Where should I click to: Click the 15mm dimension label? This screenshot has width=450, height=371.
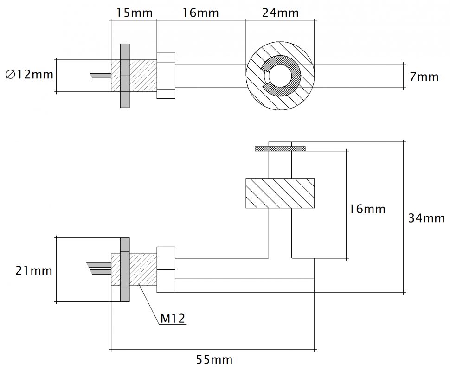click(x=135, y=13)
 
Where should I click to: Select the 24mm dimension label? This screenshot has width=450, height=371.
click(x=280, y=13)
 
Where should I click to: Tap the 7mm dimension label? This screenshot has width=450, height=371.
click(x=424, y=77)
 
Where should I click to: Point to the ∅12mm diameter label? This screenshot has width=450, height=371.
click(x=29, y=75)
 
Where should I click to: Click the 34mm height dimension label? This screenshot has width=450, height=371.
click(x=426, y=218)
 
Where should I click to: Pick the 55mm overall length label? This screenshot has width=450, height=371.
click(x=214, y=359)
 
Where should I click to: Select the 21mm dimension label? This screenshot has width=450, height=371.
click(x=34, y=270)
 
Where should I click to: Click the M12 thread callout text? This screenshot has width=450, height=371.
click(x=173, y=318)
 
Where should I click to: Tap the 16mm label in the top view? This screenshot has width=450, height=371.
click(x=200, y=13)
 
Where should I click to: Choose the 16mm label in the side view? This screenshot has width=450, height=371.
click(x=367, y=209)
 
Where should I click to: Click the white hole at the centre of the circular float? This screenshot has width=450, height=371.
click(x=280, y=76)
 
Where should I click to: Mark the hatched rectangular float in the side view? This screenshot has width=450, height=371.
click(x=280, y=193)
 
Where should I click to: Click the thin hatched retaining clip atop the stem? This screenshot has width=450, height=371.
click(x=280, y=148)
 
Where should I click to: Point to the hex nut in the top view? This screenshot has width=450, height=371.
click(x=166, y=76)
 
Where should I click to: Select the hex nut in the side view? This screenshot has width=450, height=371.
click(x=166, y=270)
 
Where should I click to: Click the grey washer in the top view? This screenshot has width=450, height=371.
click(x=125, y=76)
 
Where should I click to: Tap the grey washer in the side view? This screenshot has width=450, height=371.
click(x=125, y=270)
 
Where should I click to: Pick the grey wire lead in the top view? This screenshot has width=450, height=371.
click(x=101, y=76)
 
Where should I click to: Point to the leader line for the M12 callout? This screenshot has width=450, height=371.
click(x=148, y=304)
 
